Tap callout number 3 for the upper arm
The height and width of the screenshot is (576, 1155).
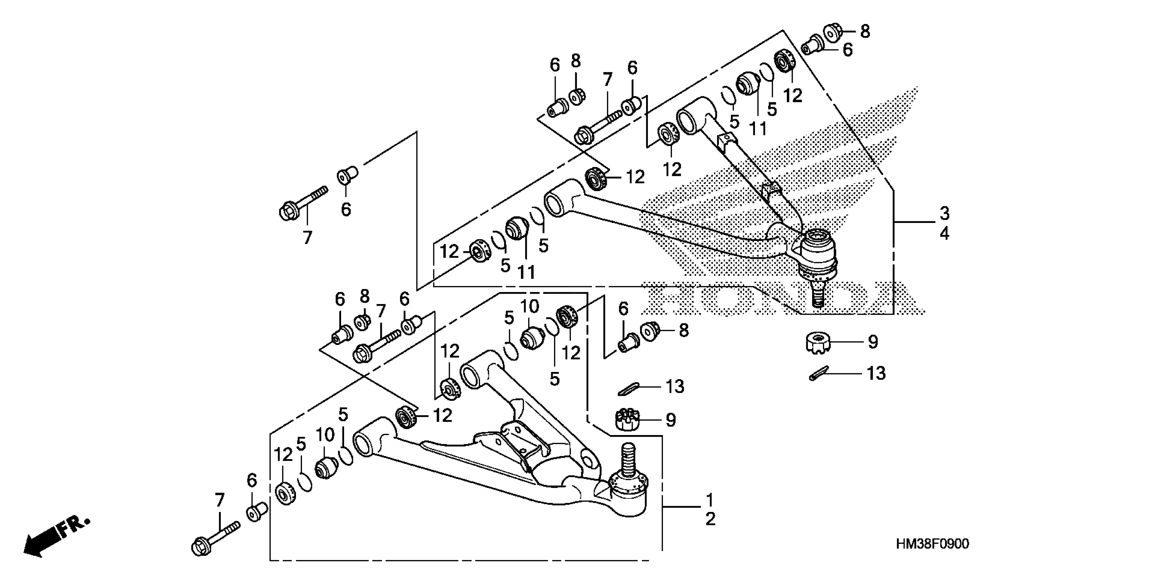coord(944,213)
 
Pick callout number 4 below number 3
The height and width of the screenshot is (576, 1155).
coord(944,233)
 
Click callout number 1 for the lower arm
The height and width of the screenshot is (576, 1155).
coord(710,499)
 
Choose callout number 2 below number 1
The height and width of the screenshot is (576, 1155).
coord(710,519)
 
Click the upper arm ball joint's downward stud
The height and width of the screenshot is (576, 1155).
coord(819,296)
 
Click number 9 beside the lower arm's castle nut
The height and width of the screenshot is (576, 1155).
coord(670,420)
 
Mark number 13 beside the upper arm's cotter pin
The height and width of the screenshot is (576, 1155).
coord(876,373)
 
